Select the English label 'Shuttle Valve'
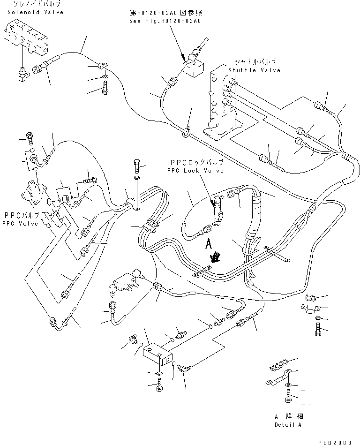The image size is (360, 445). tap(254, 70)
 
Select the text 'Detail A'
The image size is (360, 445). tap(288, 424)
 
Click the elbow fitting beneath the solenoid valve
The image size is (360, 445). tap(22, 74)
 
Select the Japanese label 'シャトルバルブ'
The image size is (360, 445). tap(255, 61)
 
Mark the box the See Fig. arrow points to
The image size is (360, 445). tap(193, 69)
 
